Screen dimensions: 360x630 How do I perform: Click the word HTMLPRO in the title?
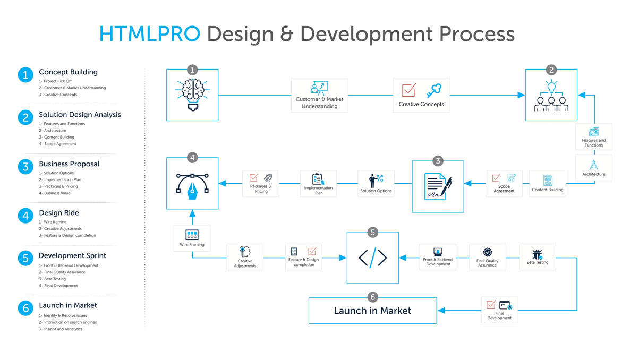coord(150,34)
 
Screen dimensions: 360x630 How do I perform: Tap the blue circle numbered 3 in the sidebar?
coord(25,167)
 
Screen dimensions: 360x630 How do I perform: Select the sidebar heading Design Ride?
coord(59,213)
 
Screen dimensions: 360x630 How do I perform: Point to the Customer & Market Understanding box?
coord(319,95)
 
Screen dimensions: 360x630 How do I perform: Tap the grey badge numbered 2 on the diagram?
coord(551,70)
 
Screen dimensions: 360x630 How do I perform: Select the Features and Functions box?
coord(593,137)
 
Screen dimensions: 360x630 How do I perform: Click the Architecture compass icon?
coord(593,165)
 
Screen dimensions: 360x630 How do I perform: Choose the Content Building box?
coord(547,183)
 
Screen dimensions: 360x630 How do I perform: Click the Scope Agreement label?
coord(504,188)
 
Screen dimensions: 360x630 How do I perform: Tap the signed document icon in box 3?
coord(438,187)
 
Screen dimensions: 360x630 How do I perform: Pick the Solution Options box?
coord(376,183)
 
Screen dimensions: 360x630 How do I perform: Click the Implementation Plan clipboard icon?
coord(318,179)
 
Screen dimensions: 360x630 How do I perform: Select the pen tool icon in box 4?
coord(192,185)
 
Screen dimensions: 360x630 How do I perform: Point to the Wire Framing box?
coord(192,238)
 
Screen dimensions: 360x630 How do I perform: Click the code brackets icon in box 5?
coord(373,258)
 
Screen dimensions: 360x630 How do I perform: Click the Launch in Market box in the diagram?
coord(372,311)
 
